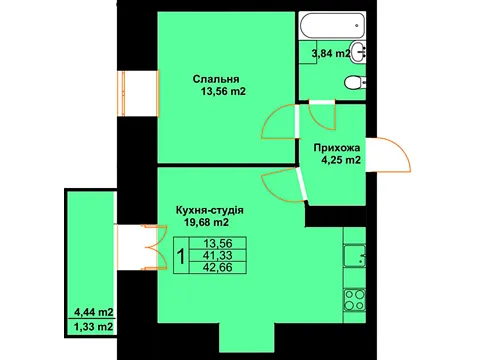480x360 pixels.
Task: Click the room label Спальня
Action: point(216,79)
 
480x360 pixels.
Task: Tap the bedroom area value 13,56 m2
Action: point(223,91)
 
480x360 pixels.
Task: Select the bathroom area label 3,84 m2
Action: point(331,53)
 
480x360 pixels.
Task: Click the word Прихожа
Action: point(337,148)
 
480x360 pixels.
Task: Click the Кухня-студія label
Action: point(210,210)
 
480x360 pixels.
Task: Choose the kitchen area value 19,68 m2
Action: point(207,222)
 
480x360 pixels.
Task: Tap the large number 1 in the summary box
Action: point(181,256)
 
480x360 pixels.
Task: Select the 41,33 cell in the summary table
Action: point(218,256)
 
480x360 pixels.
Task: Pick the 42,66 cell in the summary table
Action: point(218,267)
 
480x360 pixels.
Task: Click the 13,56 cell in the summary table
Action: point(218,244)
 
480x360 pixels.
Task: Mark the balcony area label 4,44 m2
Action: point(94,312)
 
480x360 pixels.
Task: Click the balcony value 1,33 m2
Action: point(93,327)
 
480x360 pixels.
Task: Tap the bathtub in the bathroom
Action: point(332,26)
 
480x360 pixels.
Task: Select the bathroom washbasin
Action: point(358,52)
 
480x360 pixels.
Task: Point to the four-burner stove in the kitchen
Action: point(355,300)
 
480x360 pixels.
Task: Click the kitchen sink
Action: point(355,256)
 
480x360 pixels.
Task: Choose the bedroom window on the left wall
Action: point(139,93)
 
